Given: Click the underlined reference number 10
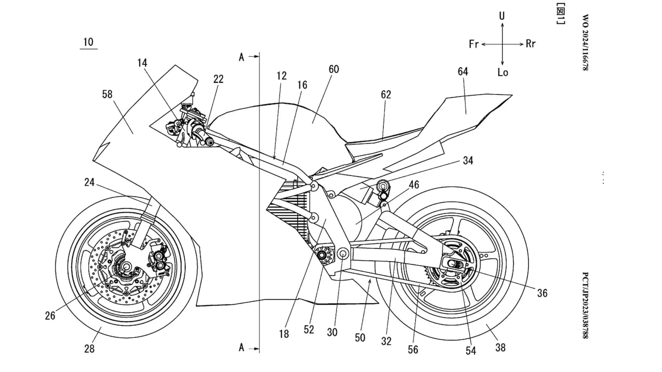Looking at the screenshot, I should (x=88, y=42).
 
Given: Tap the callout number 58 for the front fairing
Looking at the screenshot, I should (x=107, y=94).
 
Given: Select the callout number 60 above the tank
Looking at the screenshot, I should (x=334, y=70).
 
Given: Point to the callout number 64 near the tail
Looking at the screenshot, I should (x=463, y=72).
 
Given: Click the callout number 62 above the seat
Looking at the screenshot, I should (x=386, y=95).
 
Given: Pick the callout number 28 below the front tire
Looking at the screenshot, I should (x=89, y=349).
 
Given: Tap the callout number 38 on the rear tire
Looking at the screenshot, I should (x=500, y=348).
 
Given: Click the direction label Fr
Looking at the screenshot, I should (x=474, y=44).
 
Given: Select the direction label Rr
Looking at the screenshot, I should (x=531, y=44).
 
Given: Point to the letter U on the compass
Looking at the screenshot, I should (x=502, y=16).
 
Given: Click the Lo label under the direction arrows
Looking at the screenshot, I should (x=503, y=72).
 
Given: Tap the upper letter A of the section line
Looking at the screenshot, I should (x=241, y=57).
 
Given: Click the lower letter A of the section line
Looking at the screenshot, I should (x=241, y=348).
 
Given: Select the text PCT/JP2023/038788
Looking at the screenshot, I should (x=585, y=305).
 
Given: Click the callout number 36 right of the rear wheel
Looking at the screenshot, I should (x=542, y=293).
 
